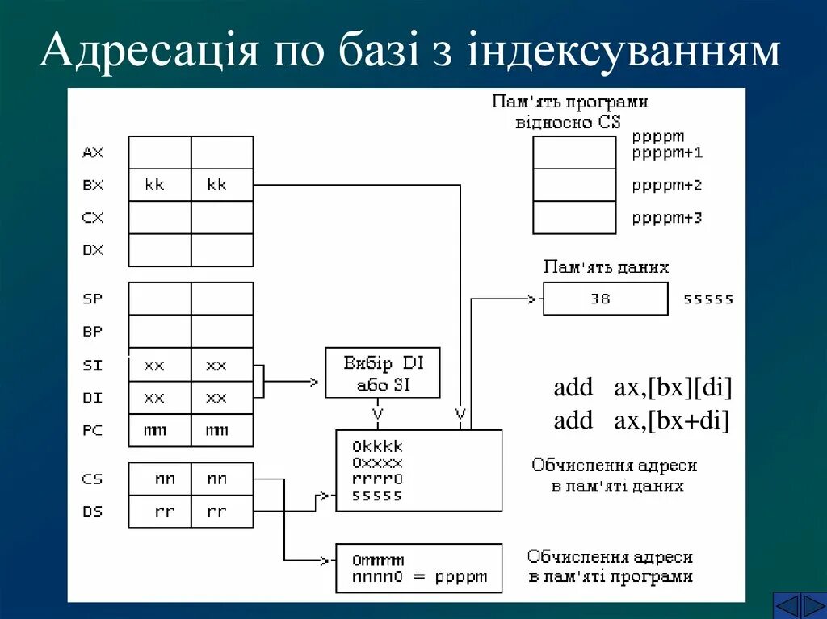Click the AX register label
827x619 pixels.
93,153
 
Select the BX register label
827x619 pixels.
93,185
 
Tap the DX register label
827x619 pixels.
93,250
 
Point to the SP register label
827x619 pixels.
93,299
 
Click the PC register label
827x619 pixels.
93,430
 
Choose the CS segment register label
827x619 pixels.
93,479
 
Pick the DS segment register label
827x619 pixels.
93,512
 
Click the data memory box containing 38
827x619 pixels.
605,299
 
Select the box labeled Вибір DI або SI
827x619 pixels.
383,373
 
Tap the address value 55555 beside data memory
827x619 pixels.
708,299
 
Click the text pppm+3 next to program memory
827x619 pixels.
667,218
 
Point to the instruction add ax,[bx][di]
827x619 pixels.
643,388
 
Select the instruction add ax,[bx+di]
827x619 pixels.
641,420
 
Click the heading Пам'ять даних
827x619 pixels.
606,267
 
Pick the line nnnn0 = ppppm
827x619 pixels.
419,577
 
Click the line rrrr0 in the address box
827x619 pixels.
377,479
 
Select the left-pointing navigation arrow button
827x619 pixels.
786,604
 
